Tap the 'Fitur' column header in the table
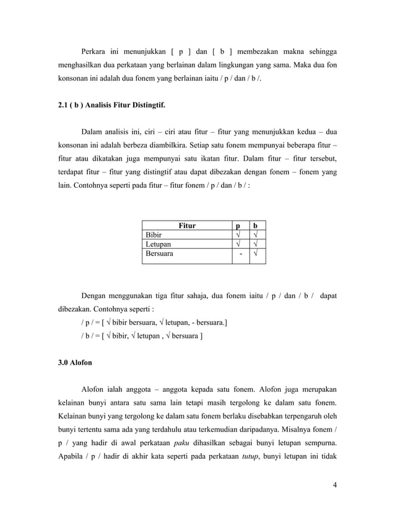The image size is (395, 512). [187, 226]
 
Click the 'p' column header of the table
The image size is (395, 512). [236, 226]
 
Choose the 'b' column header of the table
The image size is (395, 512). [256, 226]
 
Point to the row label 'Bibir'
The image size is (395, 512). [154, 235]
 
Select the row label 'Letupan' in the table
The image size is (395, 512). [158, 244]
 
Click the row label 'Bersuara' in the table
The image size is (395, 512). [159, 254]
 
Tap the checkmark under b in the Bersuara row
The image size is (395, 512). [256, 254]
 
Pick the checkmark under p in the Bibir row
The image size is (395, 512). [236, 235]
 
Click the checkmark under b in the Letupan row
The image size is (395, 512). [256, 244]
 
